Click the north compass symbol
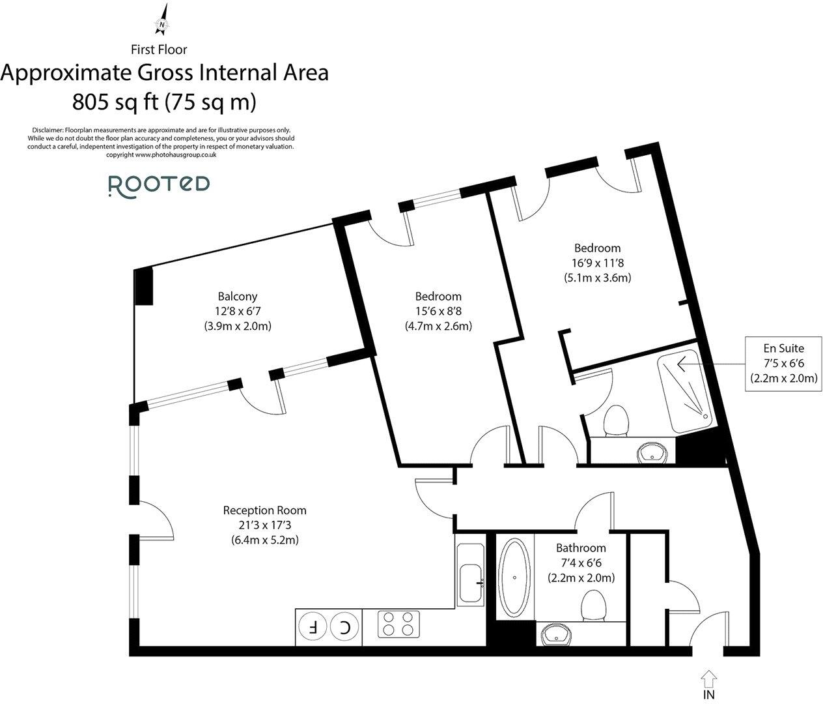point(162,20)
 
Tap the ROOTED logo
point(158,185)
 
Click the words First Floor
point(159,49)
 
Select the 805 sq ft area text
point(164,102)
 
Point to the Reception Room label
point(264,510)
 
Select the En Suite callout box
point(783,363)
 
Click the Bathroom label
point(581,548)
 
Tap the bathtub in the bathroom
point(515,578)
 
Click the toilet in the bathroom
point(594,606)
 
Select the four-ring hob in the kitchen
point(398,623)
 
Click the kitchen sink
point(471,581)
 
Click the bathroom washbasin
point(555,633)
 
